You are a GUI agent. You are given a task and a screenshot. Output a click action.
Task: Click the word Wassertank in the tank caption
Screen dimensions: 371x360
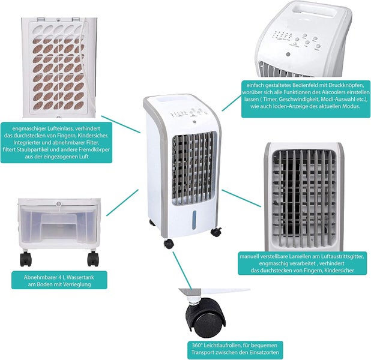80,277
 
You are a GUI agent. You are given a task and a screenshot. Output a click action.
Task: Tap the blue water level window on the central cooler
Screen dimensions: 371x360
194,220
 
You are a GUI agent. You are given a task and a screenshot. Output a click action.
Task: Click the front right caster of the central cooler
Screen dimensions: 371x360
216,232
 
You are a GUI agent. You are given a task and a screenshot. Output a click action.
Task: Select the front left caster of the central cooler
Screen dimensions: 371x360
169,244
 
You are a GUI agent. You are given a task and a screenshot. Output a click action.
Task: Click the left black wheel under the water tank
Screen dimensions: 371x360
26,259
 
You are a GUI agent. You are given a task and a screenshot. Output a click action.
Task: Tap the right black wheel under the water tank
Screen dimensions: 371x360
93,259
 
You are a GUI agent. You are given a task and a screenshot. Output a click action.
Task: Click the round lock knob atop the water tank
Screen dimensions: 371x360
59,203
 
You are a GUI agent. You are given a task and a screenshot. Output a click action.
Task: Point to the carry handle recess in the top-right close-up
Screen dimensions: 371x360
315,11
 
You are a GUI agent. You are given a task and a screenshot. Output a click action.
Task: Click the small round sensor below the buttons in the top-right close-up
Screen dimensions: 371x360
288,55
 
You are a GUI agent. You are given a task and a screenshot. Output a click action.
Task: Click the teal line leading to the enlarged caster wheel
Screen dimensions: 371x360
182,271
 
